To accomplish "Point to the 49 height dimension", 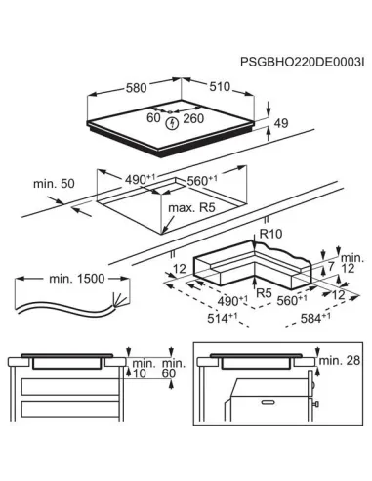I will [x=282, y=123].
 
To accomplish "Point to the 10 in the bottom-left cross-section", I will [x=141, y=372].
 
